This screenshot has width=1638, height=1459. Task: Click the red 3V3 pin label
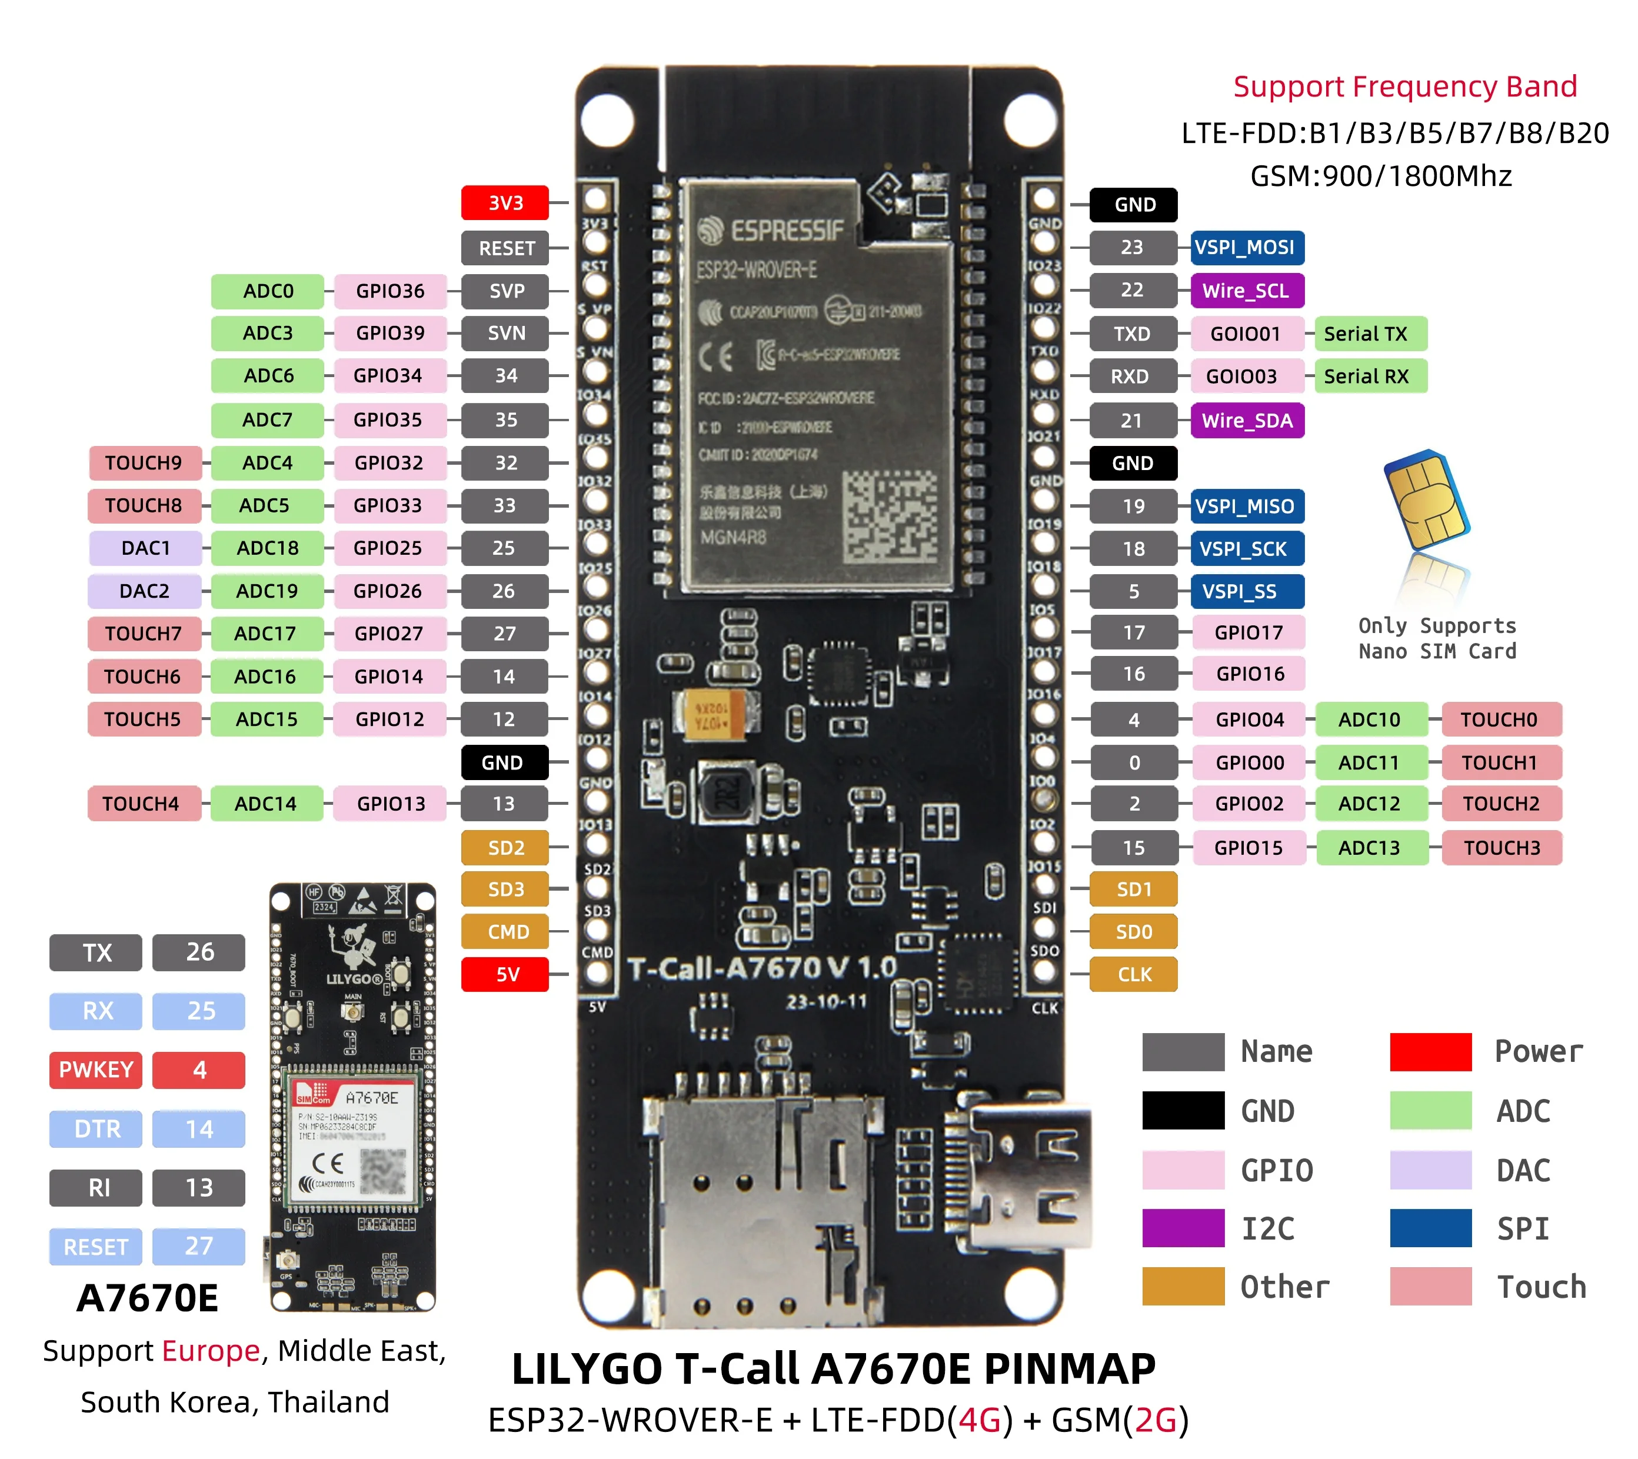[505, 203]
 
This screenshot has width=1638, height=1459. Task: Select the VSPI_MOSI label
[1246, 247]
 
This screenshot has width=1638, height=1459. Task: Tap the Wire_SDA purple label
[1246, 421]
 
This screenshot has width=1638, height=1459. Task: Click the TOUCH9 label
[144, 462]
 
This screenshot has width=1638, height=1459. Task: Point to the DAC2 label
[144, 591]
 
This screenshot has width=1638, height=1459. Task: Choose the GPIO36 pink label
[389, 291]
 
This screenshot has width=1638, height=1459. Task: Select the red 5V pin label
[505, 974]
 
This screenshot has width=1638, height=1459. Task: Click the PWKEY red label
[95, 1070]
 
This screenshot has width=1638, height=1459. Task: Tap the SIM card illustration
[1427, 501]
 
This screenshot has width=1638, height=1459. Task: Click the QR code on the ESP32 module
[889, 515]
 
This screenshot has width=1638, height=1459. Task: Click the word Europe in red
[211, 1351]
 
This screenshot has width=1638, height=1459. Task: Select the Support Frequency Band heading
[1404, 86]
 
